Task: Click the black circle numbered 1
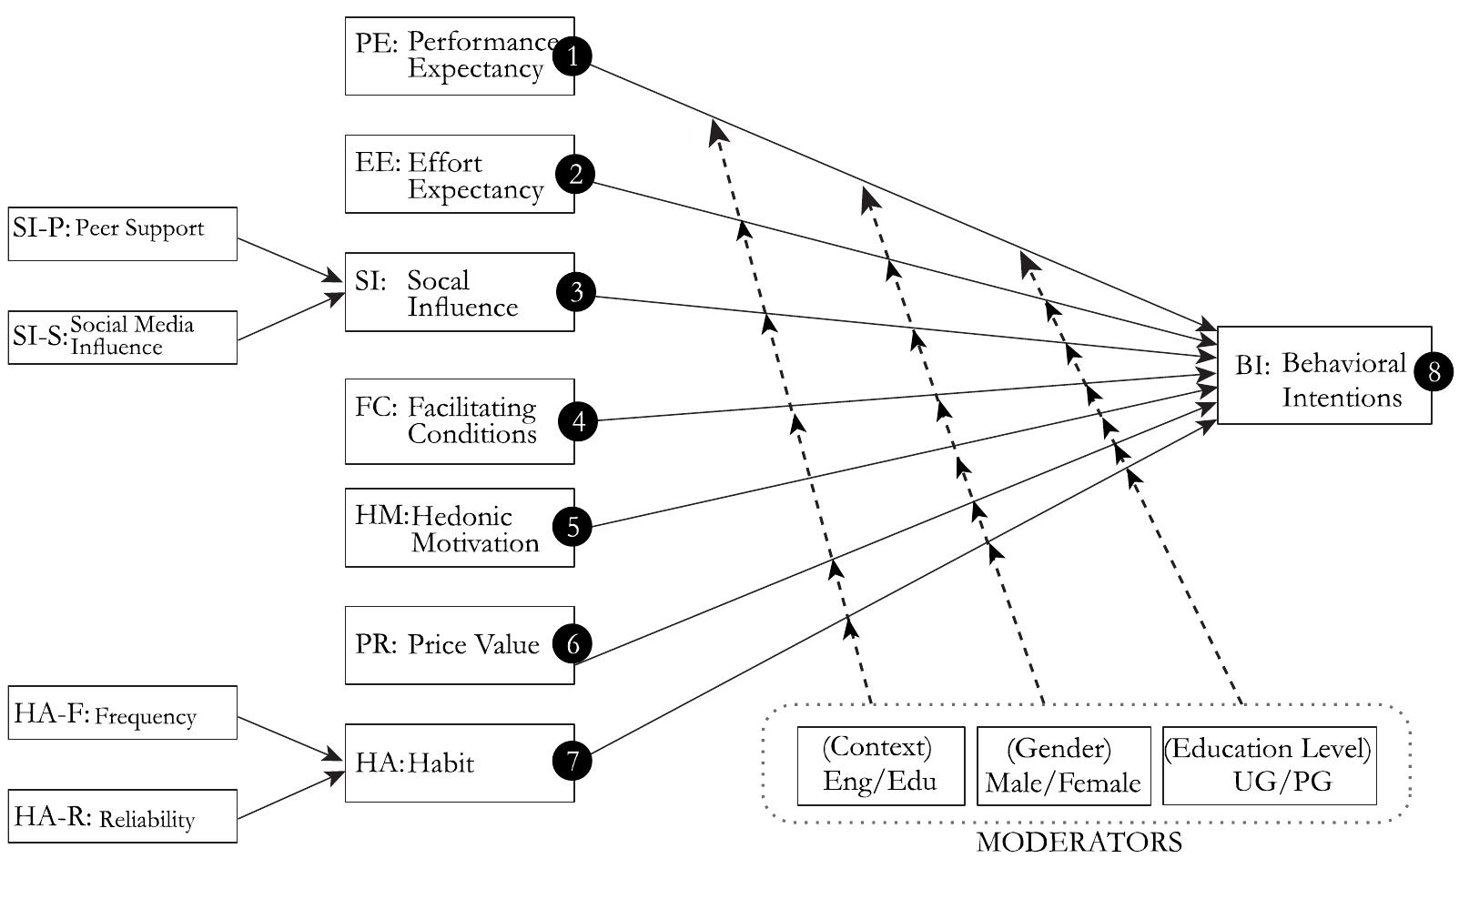pos(572,56)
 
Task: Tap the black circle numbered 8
pos(1434,371)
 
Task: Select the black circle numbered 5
pos(572,527)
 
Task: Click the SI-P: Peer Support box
pos(123,234)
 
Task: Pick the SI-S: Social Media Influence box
pos(123,338)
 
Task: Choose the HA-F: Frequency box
pos(123,712)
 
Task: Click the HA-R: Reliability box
pos(123,816)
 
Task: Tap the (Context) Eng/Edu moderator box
pos(880,765)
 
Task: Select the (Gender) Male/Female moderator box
pos(1063,765)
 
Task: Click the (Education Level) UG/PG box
pos(1269,765)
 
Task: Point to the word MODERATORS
pos(1079,843)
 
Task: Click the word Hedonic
pos(461,517)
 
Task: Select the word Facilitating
pos(471,407)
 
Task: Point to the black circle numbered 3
pos(575,292)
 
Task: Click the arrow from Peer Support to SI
pos(288,259)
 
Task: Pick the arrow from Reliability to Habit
pos(288,796)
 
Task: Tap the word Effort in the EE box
pos(445,163)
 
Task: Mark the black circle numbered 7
pos(572,761)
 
